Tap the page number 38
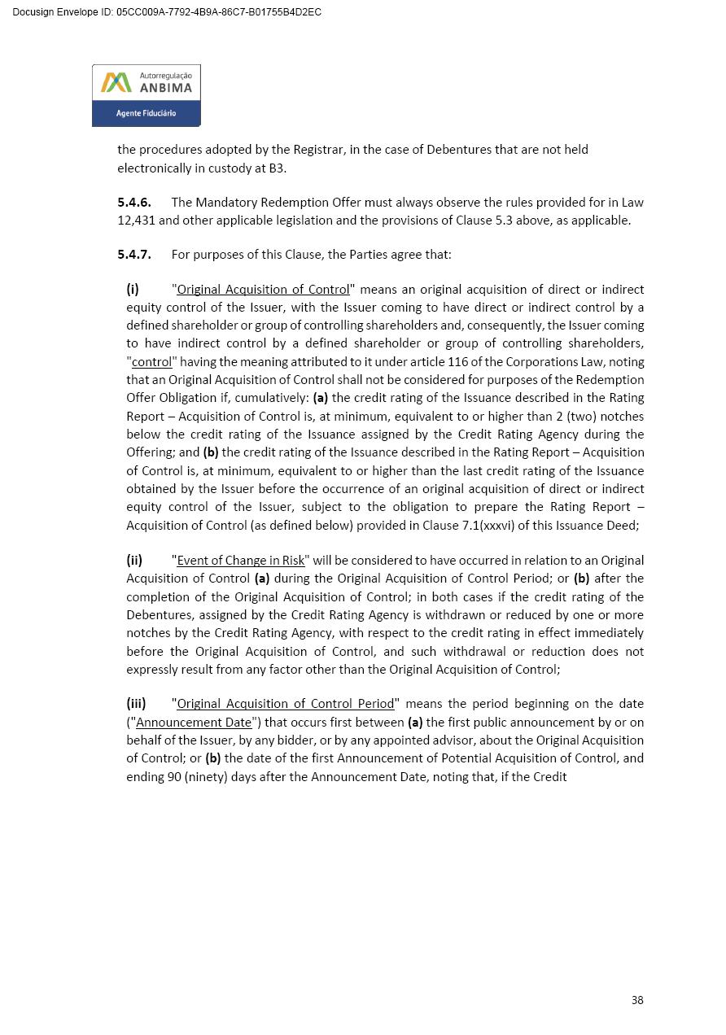click(x=637, y=1000)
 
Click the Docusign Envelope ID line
click(x=167, y=12)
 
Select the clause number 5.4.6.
click(x=134, y=202)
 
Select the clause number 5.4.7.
click(x=134, y=254)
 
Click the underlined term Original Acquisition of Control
click(x=263, y=290)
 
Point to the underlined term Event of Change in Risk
click(x=241, y=560)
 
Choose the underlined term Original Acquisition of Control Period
click(x=286, y=704)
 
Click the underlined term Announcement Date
click(x=194, y=723)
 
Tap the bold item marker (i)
click(x=133, y=289)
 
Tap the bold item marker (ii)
click(x=134, y=560)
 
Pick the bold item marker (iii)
click(x=136, y=704)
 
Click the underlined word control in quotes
click(x=152, y=362)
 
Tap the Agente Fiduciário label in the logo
click(x=146, y=113)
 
